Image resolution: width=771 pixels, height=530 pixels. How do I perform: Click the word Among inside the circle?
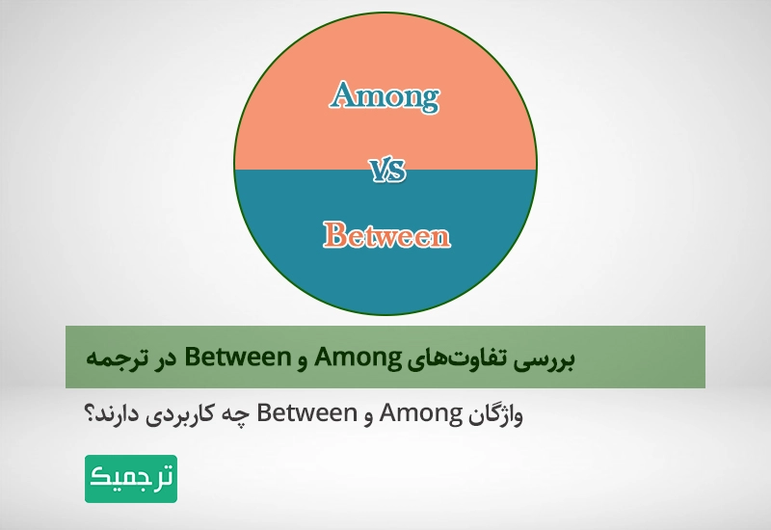tap(385, 96)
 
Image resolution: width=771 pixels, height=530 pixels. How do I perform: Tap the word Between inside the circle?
tap(385, 234)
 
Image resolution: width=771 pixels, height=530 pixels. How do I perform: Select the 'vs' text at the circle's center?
tap(387, 172)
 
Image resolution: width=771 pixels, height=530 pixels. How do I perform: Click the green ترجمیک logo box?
tap(131, 479)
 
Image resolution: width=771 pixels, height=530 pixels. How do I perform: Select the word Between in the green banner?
tap(235, 358)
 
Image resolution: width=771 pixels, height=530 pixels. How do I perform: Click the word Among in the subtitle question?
tap(424, 415)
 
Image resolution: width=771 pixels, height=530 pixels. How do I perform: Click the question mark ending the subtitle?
tap(91, 415)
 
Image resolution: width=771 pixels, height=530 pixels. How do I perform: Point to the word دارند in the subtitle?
tap(120, 415)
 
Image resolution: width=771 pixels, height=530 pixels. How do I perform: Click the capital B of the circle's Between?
tap(333, 234)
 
